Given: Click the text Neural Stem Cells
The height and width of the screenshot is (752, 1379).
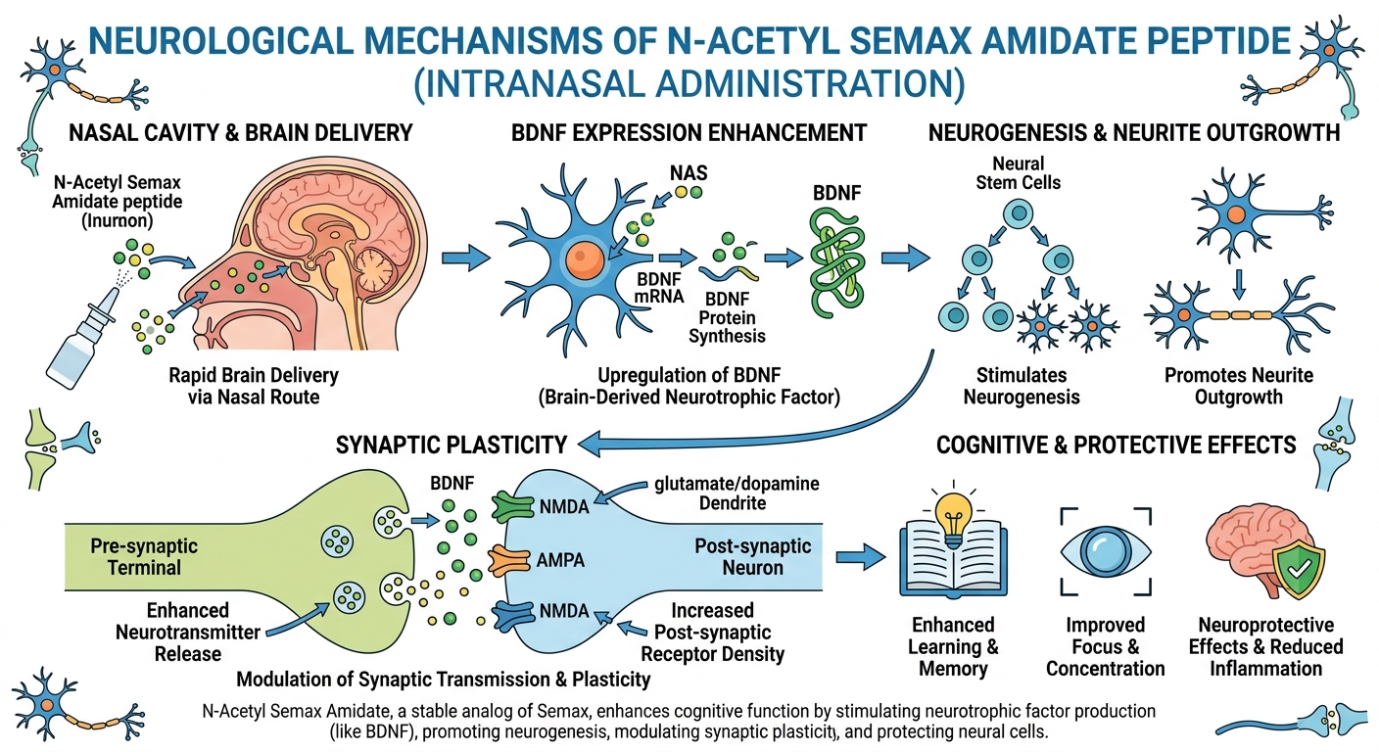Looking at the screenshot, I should [1020, 172].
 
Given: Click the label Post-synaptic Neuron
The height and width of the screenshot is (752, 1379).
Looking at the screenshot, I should [752, 556].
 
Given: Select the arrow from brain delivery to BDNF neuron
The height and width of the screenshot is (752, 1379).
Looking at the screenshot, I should [465, 259].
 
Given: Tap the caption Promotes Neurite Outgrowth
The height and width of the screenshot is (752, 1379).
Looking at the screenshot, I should [1238, 386].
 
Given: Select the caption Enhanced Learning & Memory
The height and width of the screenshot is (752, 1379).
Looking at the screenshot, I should [953, 646].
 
